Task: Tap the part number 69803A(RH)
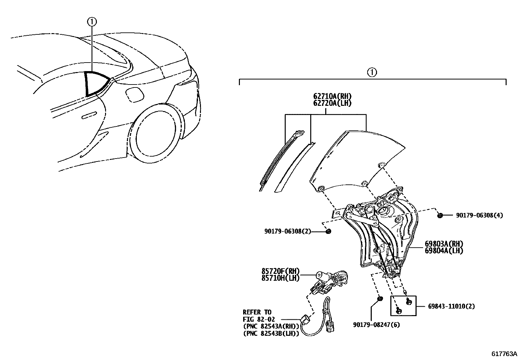click(x=444, y=244)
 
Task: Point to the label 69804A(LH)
click(x=444, y=251)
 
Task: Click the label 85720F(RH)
click(x=280, y=271)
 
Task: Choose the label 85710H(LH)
click(x=280, y=278)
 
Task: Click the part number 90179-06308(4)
click(x=479, y=215)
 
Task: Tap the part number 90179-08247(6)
click(x=376, y=325)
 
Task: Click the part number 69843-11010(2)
click(x=451, y=306)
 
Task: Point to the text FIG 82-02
click(x=259, y=319)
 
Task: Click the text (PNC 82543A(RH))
click(x=271, y=326)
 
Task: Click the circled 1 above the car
click(x=92, y=22)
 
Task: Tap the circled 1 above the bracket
click(x=372, y=72)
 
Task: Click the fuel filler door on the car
click(x=135, y=94)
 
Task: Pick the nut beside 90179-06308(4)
click(x=440, y=215)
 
